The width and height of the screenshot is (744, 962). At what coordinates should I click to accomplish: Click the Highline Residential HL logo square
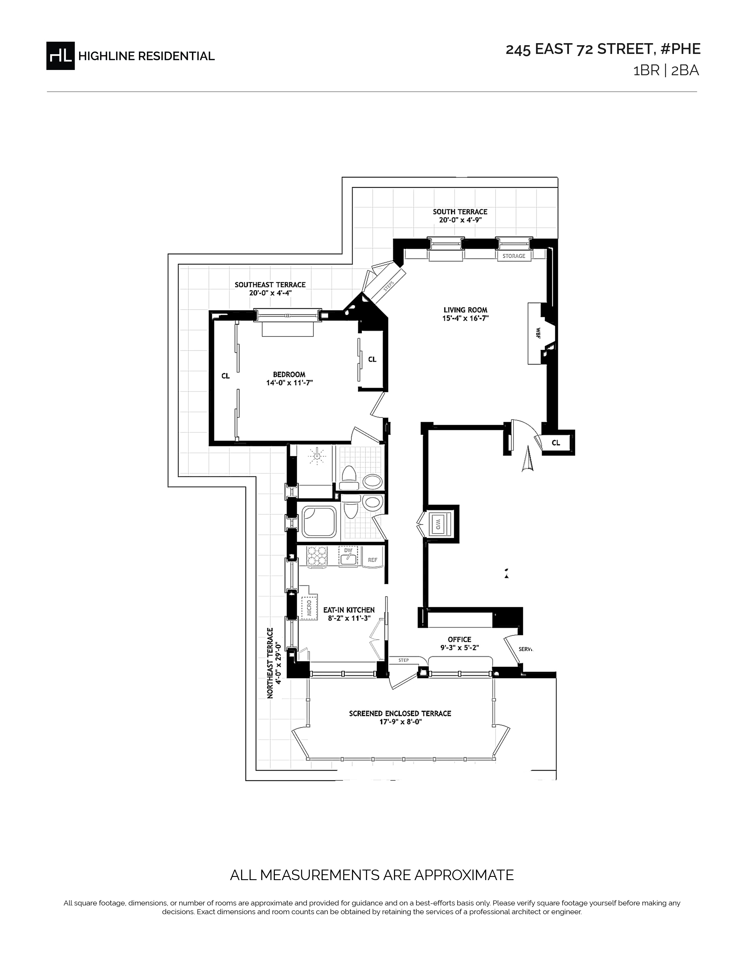[x=60, y=55]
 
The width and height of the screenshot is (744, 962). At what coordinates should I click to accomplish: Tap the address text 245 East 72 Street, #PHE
[x=603, y=49]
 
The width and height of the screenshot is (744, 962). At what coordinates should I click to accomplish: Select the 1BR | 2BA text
[x=666, y=71]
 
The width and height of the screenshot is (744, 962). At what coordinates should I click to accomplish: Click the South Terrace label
[x=460, y=212]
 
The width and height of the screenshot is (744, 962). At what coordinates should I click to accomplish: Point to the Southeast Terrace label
[x=270, y=285]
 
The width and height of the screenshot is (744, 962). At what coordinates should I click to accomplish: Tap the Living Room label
[x=465, y=310]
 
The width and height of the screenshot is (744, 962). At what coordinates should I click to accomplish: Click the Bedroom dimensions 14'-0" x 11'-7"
[x=289, y=383]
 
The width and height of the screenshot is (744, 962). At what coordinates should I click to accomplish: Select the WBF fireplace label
[x=538, y=333]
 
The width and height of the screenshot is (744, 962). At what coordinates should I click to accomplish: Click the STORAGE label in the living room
[x=514, y=256]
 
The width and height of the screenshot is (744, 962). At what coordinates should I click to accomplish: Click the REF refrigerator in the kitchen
[x=373, y=560]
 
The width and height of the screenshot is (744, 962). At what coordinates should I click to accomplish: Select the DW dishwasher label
[x=348, y=550]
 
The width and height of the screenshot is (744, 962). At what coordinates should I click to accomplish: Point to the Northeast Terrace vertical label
[x=270, y=663]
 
